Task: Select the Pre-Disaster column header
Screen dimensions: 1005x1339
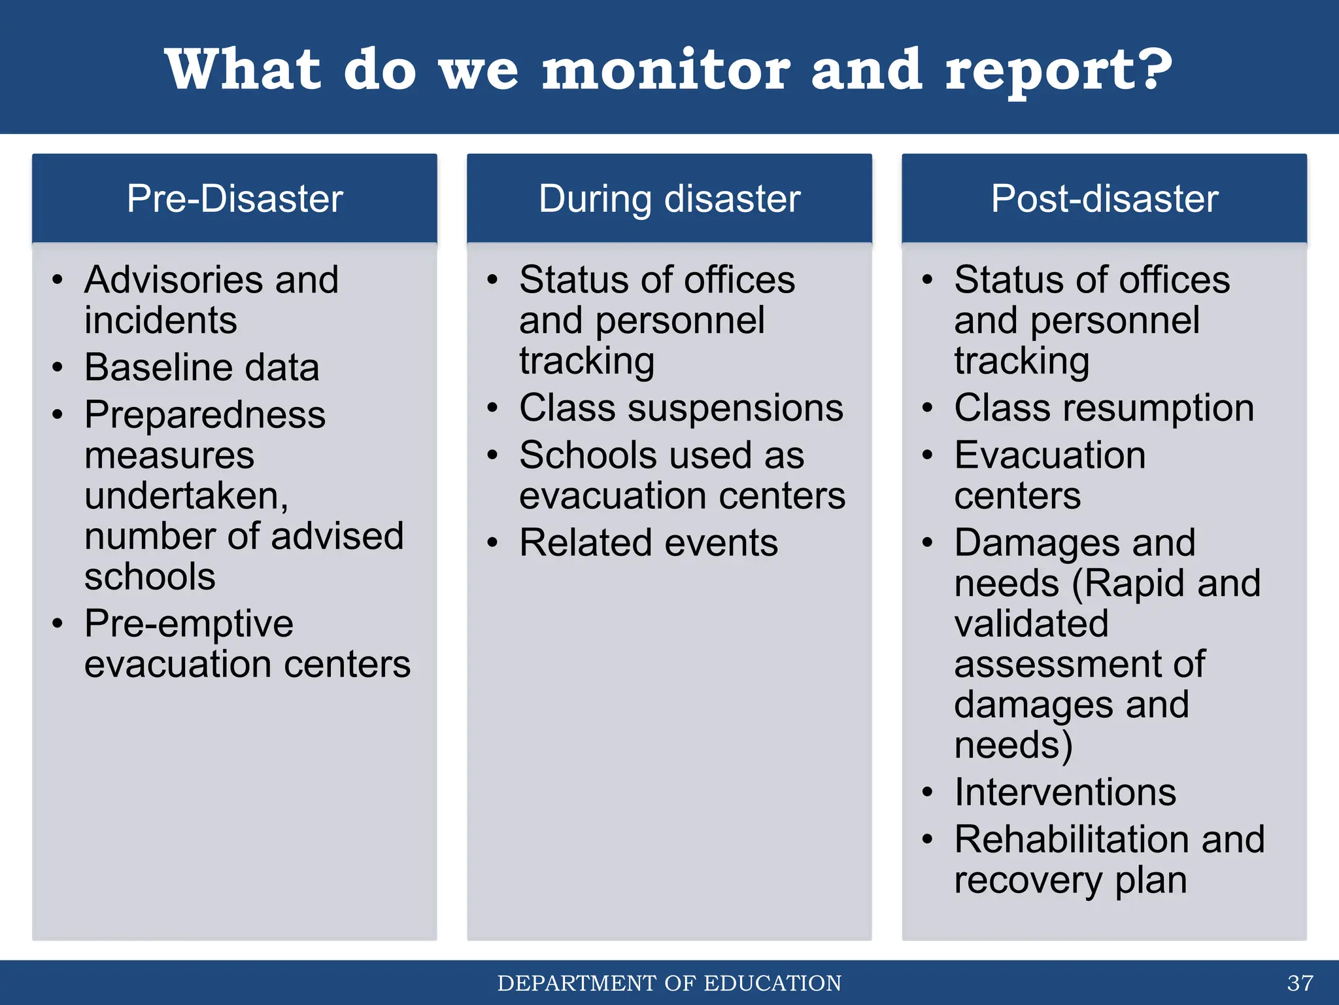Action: [234, 198]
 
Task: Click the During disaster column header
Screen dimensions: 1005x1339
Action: [669, 198]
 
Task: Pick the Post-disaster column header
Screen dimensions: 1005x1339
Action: [1104, 198]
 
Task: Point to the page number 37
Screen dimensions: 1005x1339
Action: [1300, 983]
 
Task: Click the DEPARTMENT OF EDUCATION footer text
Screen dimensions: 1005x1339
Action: [669, 983]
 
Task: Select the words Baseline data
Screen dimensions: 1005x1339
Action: [201, 367]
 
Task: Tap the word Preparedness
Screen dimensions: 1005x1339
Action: [205, 415]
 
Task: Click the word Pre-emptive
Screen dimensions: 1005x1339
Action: [188, 623]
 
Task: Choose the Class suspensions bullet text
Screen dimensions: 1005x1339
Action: [681, 408]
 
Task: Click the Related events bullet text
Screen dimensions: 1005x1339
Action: [648, 543]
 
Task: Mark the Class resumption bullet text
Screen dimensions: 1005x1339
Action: [1104, 408]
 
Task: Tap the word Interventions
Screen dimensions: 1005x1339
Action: [1064, 792]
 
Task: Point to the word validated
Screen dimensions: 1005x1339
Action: [1031, 623]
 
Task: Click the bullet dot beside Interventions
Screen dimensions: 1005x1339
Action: [927, 792]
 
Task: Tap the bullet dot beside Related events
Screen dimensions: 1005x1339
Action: [492, 543]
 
